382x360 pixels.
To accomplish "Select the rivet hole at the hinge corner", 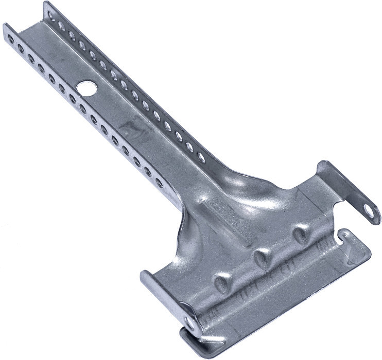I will pos(192,323).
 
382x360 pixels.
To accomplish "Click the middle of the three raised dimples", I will pos(261,256).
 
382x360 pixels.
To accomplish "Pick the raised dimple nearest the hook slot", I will pos(299,235).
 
